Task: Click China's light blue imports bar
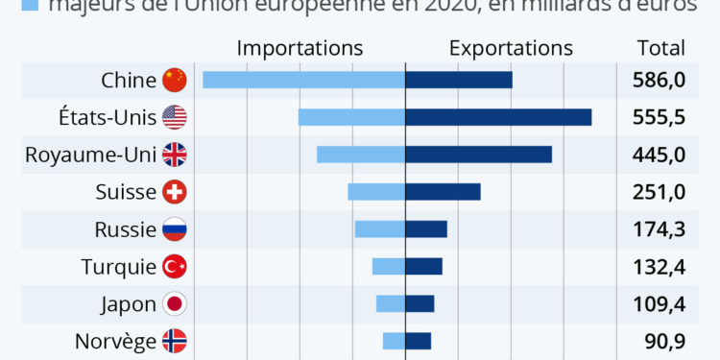click(303, 80)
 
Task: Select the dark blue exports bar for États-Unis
click(498, 117)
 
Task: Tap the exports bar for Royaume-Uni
click(478, 155)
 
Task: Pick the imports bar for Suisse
click(376, 192)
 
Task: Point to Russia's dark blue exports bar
click(426, 229)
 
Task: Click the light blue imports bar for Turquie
click(389, 267)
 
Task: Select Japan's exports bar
click(420, 304)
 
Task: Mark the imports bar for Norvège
click(394, 341)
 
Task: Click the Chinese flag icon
click(175, 81)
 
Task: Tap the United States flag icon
click(175, 117)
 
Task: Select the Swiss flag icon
click(175, 192)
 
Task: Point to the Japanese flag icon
click(175, 304)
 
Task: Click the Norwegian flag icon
click(175, 341)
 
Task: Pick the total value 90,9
click(664, 341)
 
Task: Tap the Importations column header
click(300, 48)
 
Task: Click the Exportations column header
click(511, 48)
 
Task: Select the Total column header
click(661, 48)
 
